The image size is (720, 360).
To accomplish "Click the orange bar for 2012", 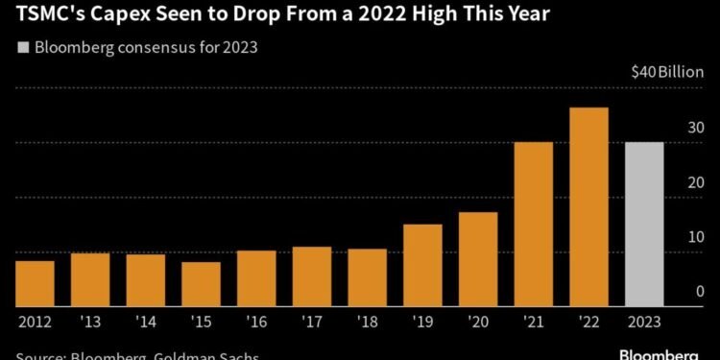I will tap(35, 283).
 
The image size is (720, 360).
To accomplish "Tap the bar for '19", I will tap(422, 265).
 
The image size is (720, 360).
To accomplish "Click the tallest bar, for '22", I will tap(588, 206).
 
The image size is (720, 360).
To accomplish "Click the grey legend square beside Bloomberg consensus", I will tap(23, 47).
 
